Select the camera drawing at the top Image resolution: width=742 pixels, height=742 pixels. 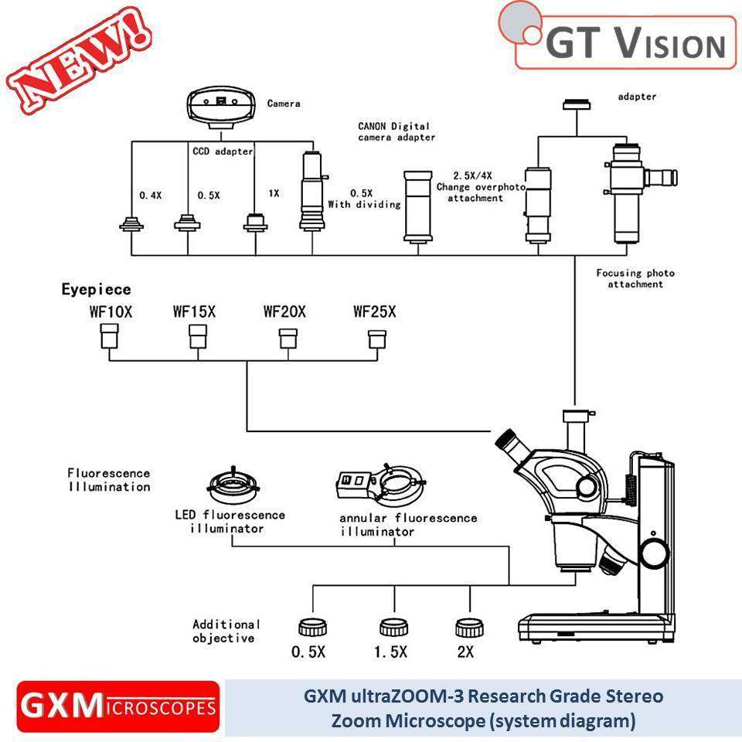[221, 107]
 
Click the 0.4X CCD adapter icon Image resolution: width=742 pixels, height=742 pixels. [131, 224]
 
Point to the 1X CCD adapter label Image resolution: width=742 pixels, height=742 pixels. [274, 193]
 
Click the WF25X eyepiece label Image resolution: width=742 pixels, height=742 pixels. [374, 312]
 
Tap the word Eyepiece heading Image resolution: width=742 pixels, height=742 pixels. [96, 290]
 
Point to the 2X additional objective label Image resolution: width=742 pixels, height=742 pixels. [465, 652]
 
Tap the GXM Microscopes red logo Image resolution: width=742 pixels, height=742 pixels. [118, 706]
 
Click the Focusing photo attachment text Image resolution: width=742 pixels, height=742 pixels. [635, 278]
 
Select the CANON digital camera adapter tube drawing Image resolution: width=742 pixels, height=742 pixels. [418, 206]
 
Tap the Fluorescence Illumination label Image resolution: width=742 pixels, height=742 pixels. [108, 479]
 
